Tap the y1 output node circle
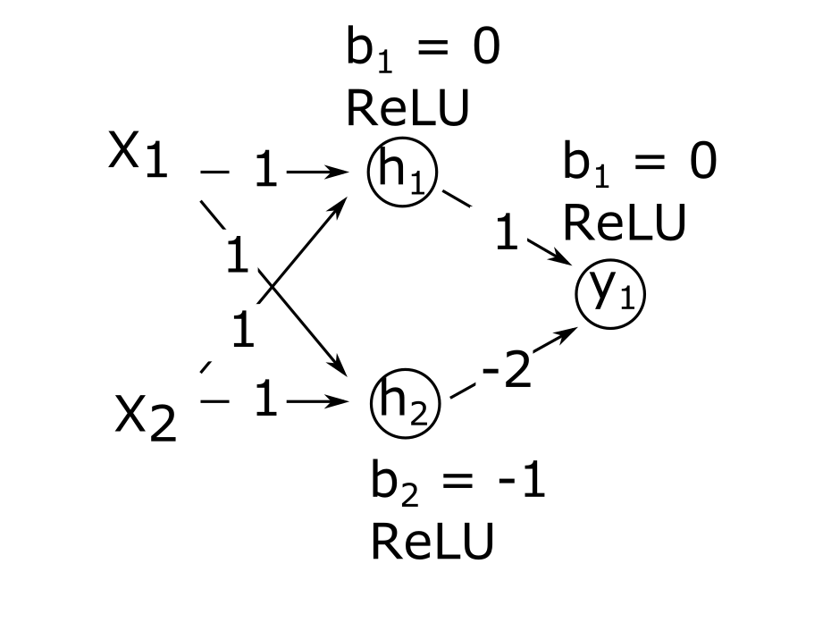coord(610,295)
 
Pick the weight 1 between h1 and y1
coord(506,235)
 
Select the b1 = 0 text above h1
coord(422,50)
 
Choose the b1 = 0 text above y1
coord(639,164)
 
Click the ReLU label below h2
coord(432,542)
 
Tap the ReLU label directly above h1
coord(407,110)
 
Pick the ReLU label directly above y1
coord(624,223)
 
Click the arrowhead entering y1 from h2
coord(568,333)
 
